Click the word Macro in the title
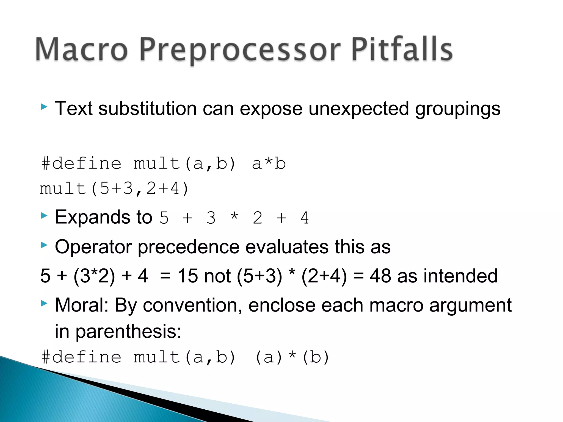tap(82, 49)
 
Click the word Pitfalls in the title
tap(402, 49)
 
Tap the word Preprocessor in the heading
tap(240, 51)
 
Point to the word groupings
tap(457, 109)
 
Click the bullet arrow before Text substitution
tap(44, 107)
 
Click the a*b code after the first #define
tap(269, 164)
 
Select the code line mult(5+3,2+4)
tap(114, 189)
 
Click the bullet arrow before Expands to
tap(44, 215)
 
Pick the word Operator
tap(93, 247)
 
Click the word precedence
tap(188, 247)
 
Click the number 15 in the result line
tap(188, 276)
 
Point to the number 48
tap(380, 276)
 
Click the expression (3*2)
tap(94, 276)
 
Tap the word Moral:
tap(82, 305)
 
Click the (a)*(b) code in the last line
tap(292, 357)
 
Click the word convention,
tap(192, 305)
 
